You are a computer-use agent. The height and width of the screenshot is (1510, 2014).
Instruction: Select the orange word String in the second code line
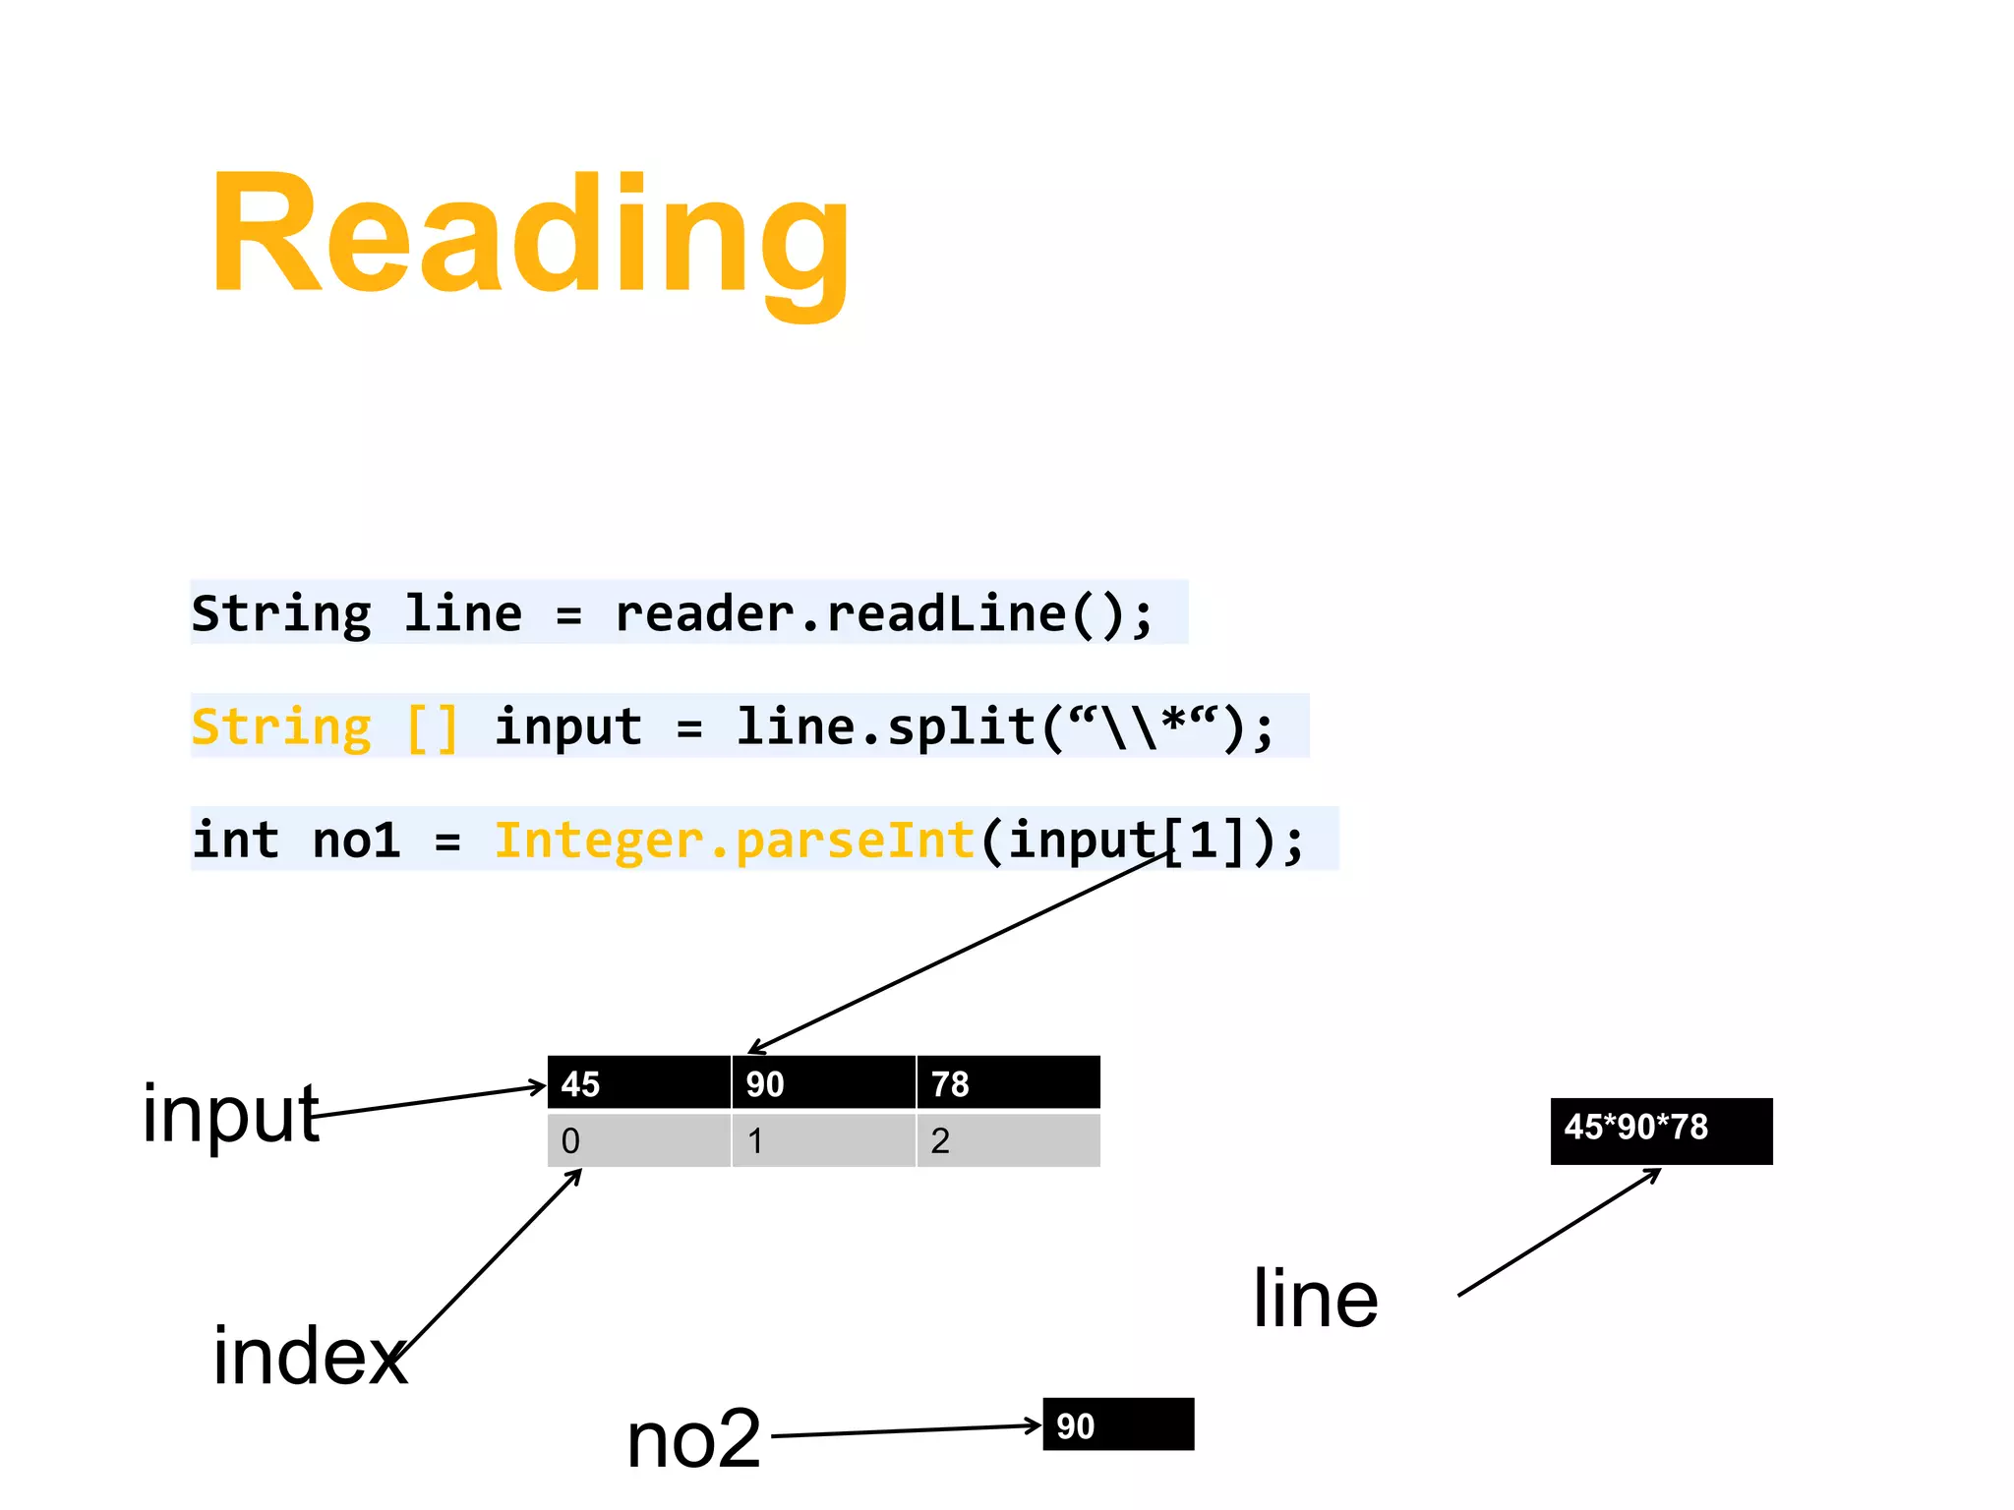(281, 728)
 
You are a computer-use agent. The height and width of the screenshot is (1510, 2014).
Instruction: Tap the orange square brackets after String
(433, 728)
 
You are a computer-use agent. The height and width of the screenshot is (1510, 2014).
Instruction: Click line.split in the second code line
(885, 728)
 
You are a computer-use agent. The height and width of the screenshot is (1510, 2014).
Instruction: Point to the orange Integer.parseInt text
(734, 842)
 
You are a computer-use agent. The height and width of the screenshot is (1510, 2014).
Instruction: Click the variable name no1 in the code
(356, 842)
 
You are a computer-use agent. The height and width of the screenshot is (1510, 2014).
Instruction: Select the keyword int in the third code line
(236, 842)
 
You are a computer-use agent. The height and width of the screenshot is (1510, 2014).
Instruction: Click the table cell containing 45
(638, 1083)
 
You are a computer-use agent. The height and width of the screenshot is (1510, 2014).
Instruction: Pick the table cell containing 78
(1007, 1083)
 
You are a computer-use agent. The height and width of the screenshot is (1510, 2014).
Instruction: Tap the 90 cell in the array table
(823, 1083)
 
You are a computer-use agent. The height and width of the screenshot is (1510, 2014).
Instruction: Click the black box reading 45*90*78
(1661, 1131)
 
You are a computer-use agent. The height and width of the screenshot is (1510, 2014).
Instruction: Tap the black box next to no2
(1118, 1424)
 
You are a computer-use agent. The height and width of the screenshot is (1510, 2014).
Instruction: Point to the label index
(310, 1356)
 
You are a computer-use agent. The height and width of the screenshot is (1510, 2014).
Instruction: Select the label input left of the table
(230, 1113)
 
